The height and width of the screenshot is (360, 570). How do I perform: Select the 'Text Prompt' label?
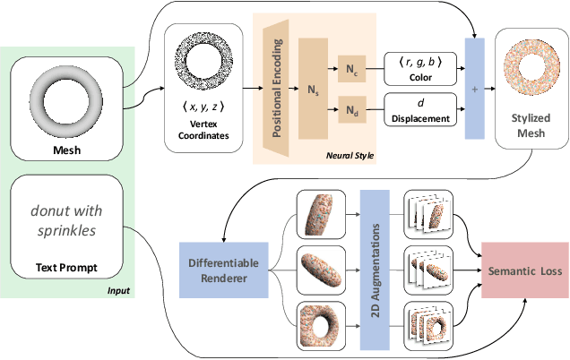pos(65,266)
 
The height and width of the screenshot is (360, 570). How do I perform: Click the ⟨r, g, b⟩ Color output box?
pos(414,66)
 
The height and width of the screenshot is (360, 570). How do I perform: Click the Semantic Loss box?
pos(525,270)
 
